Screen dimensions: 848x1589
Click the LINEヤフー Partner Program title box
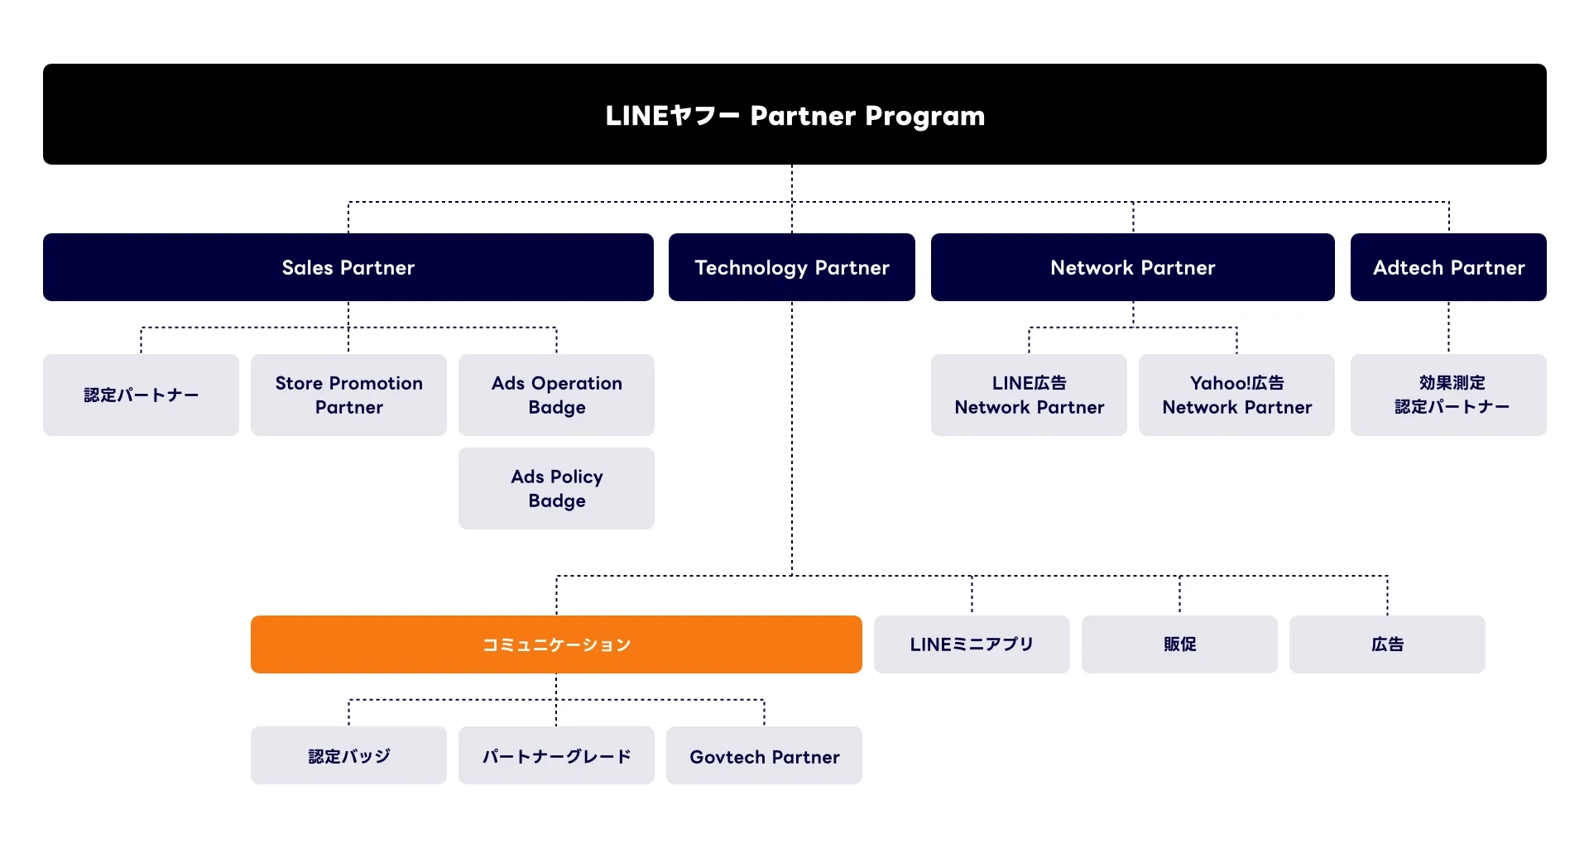click(794, 114)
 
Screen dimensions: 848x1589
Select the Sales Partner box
click(348, 267)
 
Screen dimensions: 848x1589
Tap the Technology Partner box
click(791, 267)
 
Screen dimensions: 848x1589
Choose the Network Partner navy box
click(1132, 267)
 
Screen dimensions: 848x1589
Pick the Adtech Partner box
click(1448, 267)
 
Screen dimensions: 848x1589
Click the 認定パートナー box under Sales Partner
click(141, 395)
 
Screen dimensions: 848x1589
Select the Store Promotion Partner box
click(348, 395)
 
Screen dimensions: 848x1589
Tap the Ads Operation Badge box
click(556, 395)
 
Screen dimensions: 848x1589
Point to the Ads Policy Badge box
click(556, 488)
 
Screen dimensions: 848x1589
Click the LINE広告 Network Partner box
click(1029, 395)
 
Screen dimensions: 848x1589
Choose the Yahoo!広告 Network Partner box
click(1236, 395)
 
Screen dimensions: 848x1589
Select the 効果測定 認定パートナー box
click(1448, 395)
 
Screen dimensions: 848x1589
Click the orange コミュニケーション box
click(556, 644)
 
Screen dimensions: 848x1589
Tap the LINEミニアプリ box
click(972, 644)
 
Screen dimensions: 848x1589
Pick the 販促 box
click(1179, 644)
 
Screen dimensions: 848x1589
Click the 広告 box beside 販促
click(1387, 644)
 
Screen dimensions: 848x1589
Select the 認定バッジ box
click(348, 755)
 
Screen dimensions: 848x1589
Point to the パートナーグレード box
click(556, 755)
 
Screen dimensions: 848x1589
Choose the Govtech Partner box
click(764, 755)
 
